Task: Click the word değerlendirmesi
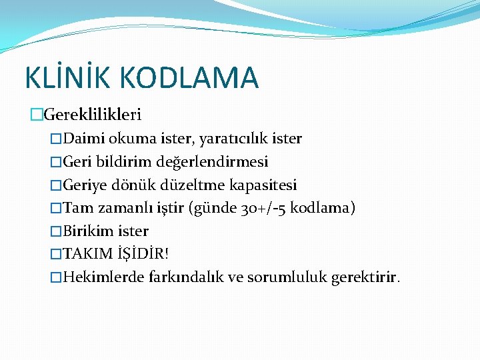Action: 213,162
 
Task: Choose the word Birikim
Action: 89,231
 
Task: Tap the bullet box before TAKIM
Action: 56,255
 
